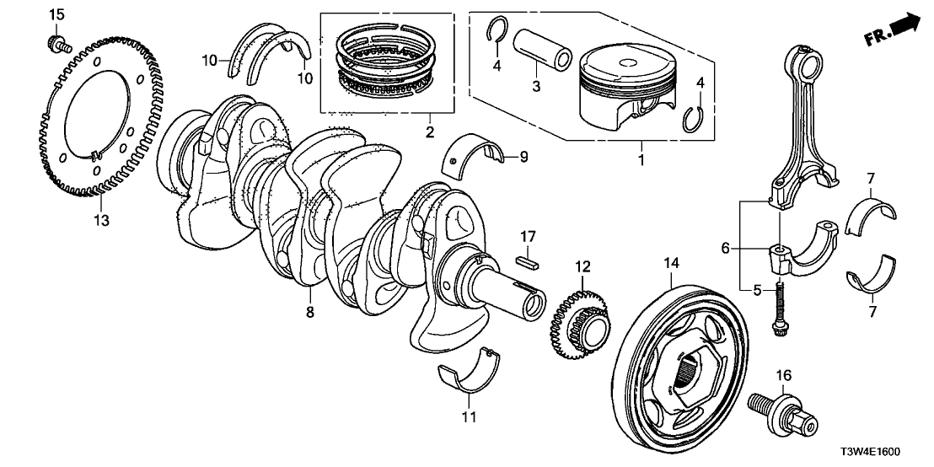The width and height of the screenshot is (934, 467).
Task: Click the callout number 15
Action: (x=56, y=14)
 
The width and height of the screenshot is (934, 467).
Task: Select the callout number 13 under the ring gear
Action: (x=101, y=221)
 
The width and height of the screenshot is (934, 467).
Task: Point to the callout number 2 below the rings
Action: (x=429, y=132)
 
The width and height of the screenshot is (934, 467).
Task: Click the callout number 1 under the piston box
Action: (x=641, y=158)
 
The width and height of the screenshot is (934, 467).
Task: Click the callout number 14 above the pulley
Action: (x=670, y=264)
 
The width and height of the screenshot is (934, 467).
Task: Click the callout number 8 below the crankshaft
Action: (x=310, y=313)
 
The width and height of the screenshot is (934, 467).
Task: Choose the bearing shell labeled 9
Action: (x=474, y=152)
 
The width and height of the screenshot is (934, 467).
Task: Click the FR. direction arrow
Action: (x=892, y=29)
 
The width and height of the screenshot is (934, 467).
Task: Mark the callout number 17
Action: (x=527, y=237)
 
